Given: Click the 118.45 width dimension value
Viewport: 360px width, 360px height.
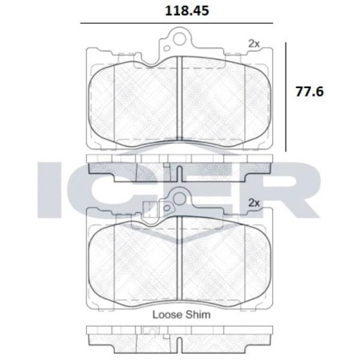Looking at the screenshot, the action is tap(187, 11).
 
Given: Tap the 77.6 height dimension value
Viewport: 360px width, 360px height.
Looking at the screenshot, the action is tap(310, 91).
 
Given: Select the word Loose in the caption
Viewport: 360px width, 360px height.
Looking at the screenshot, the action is tap(167, 314).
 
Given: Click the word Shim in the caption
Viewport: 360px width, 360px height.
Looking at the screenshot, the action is tap(198, 314).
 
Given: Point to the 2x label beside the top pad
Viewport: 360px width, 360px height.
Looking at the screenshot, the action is tap(254, 44).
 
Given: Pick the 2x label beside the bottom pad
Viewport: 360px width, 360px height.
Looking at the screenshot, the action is tap(254, 203).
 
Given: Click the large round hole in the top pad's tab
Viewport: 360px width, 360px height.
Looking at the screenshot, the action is tap(179, 39).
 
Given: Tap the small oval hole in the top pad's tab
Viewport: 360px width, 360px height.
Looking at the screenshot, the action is tap(167, 49).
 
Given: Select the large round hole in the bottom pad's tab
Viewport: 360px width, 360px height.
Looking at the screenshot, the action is tap(179, 199).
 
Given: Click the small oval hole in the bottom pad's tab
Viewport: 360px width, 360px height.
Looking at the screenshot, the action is tap(167, 208).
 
